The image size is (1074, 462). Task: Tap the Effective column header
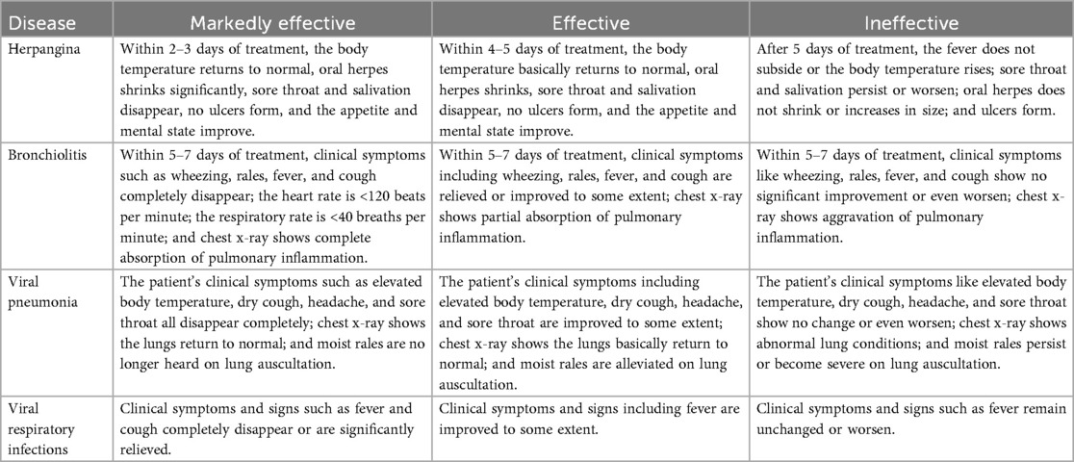pyautogui.click(x=591, y=21)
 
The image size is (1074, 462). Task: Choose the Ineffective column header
pyautogui.click(x=910, y=21)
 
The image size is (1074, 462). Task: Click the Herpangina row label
pyautogui.click(x=46, y=46)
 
